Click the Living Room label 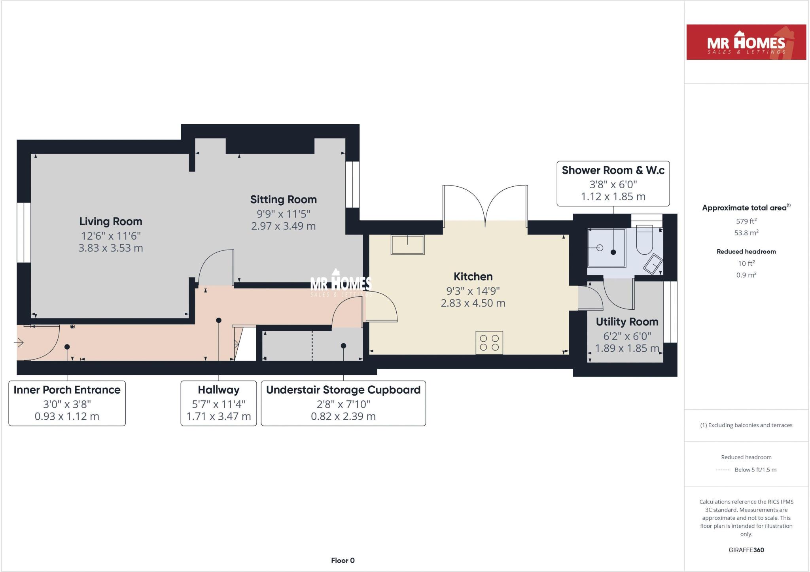110,222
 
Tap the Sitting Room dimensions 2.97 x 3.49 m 283,226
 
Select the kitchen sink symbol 407,244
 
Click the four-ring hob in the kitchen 489,343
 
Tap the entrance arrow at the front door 19,342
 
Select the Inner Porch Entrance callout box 67,403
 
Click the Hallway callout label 218,390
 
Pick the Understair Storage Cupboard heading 343,390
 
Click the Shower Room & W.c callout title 613,170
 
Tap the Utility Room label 627,322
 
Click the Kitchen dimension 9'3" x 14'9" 473,291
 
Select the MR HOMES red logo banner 746,42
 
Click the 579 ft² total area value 746,222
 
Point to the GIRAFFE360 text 746,550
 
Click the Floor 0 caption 343,561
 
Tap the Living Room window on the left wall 24,233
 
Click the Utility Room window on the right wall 670,312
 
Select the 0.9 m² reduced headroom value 746,275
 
